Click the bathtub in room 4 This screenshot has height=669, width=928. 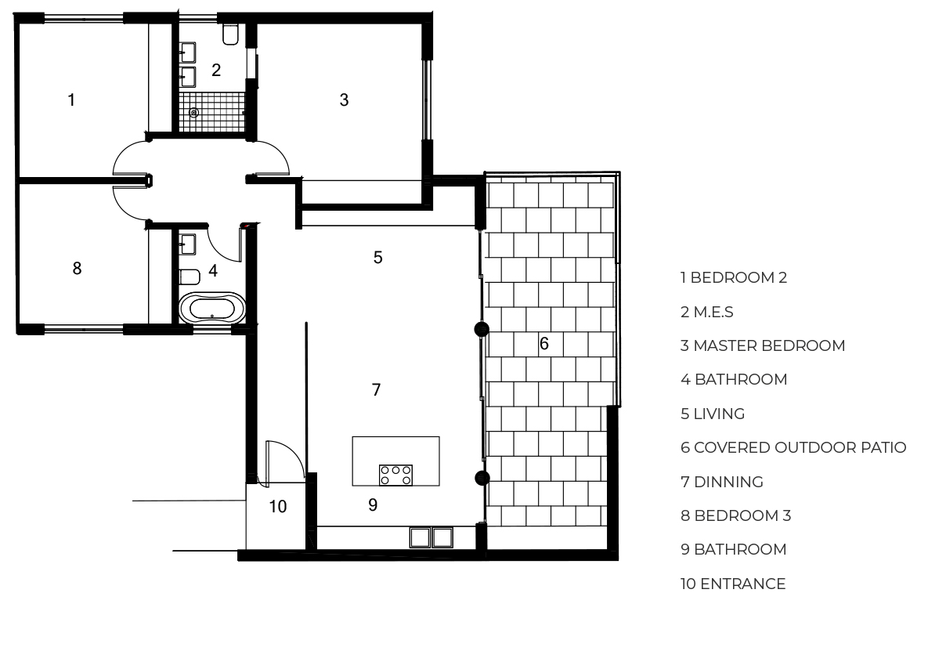pyautogui.click(x=212, y=308)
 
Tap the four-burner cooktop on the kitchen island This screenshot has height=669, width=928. pyautogui.click(x=396, y=475)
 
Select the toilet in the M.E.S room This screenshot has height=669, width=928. pyautogui.click(x=230, y=34)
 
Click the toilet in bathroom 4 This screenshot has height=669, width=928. pyautogui.click(x=190, y=277)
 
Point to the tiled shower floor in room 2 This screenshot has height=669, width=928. pyautogui.click(x=212, y=112)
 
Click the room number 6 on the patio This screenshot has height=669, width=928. pyautogui.click(x=544, y=343)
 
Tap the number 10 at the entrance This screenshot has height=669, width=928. pyautogui.click(x=278, y=506)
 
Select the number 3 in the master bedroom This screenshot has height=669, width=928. pyautogui.click(x=344, y=99)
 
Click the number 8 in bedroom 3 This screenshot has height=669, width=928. pyautogui.click(x=77, y=268)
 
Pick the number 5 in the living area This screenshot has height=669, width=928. pyautogui.click(x=377, y=257)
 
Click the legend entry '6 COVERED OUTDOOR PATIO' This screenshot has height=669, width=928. pyautogui.click(x=793, y=447)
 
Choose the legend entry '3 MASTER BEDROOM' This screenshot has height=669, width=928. pyautogui.click(x=763, y=345)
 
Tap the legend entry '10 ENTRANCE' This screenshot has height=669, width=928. pyautogui.click(x=733, y=584)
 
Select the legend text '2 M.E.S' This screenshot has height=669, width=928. pyautogui.click(x=706, y=312)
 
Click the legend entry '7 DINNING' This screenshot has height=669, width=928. pyautogui.click(x=721, y=482)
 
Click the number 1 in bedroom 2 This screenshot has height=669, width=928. pyautogui.click(x=71, y=99)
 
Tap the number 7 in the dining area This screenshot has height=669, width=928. pyautogui.click(x=376, y=389)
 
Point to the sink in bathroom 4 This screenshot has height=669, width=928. pyautogui.click(x=188, y=244)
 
